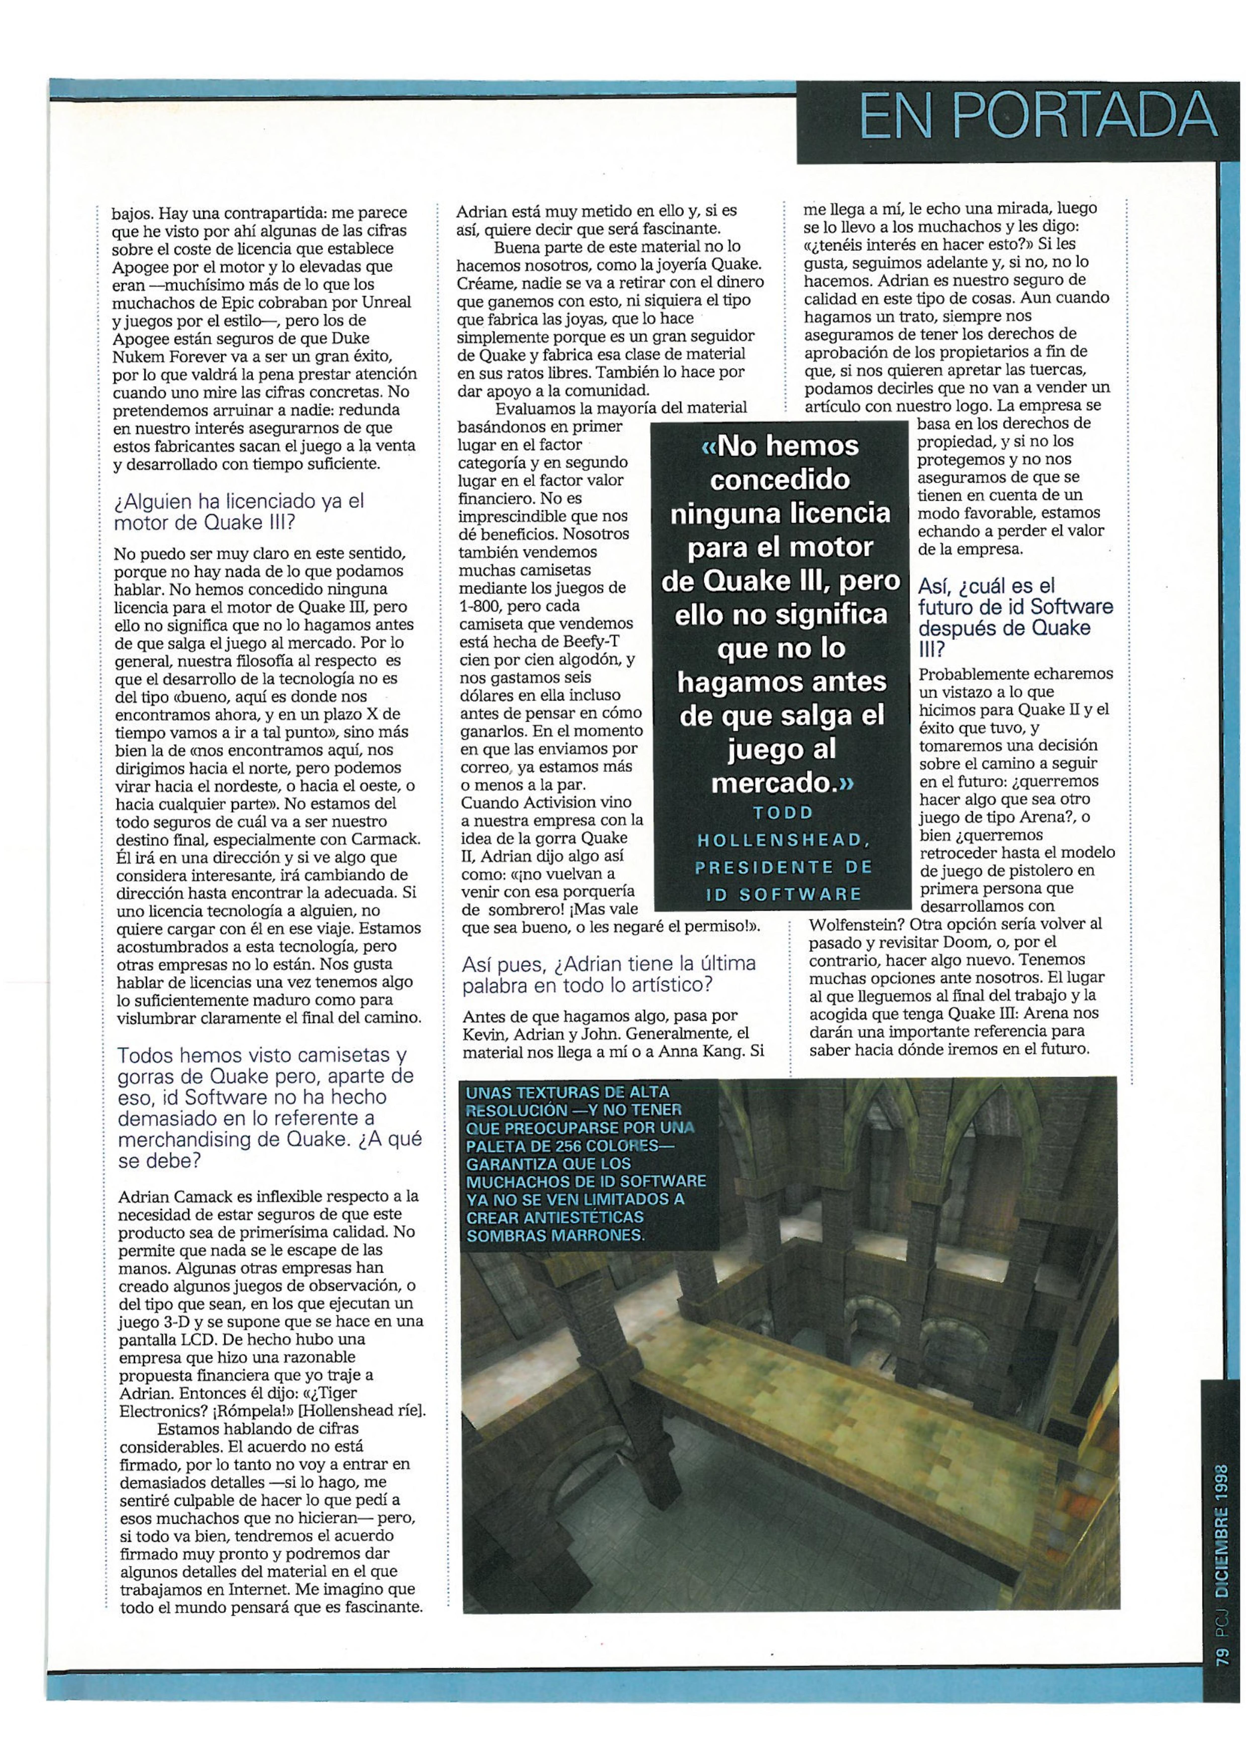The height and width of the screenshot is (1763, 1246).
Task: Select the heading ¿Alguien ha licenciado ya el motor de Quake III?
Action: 239,511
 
